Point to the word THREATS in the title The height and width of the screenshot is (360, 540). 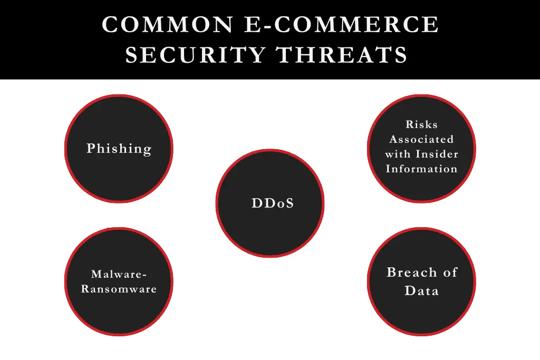[x=342, y=55]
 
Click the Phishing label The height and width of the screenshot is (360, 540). [x=119, y=149]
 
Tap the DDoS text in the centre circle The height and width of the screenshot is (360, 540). [x=273, y=203]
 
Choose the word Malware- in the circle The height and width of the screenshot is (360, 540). [x=119, y=274]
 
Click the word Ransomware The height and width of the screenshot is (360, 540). [x=119, y=289]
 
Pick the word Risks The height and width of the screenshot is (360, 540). [x=422, y=124]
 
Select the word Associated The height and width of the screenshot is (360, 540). [x=422, y=139]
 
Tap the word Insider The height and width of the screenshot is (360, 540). [x=437, y=154]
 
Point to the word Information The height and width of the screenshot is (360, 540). [x=422, y=169]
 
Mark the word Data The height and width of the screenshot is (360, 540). [x=422, y=290]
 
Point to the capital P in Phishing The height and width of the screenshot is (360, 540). [x=91, y=149]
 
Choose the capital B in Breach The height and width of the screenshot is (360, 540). [x=391, y=273]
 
